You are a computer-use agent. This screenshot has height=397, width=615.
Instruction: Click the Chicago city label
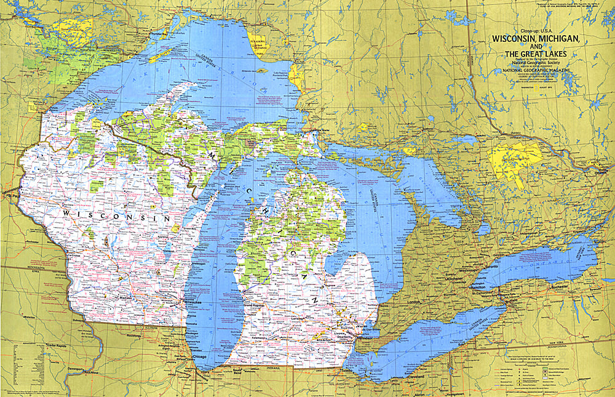click(x=199, y=356)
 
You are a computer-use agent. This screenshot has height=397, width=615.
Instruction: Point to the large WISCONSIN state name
click(x=115, y=215)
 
